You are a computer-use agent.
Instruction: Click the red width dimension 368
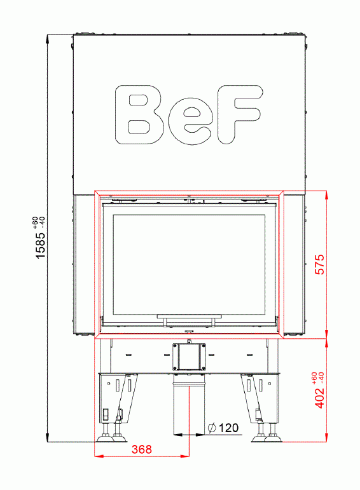click(x=142, y=449)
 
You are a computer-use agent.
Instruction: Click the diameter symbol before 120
click(x=211, y=428)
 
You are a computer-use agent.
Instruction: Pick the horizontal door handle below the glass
click(x=190, y=316)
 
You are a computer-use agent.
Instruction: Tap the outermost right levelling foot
click(x=275, y=438)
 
